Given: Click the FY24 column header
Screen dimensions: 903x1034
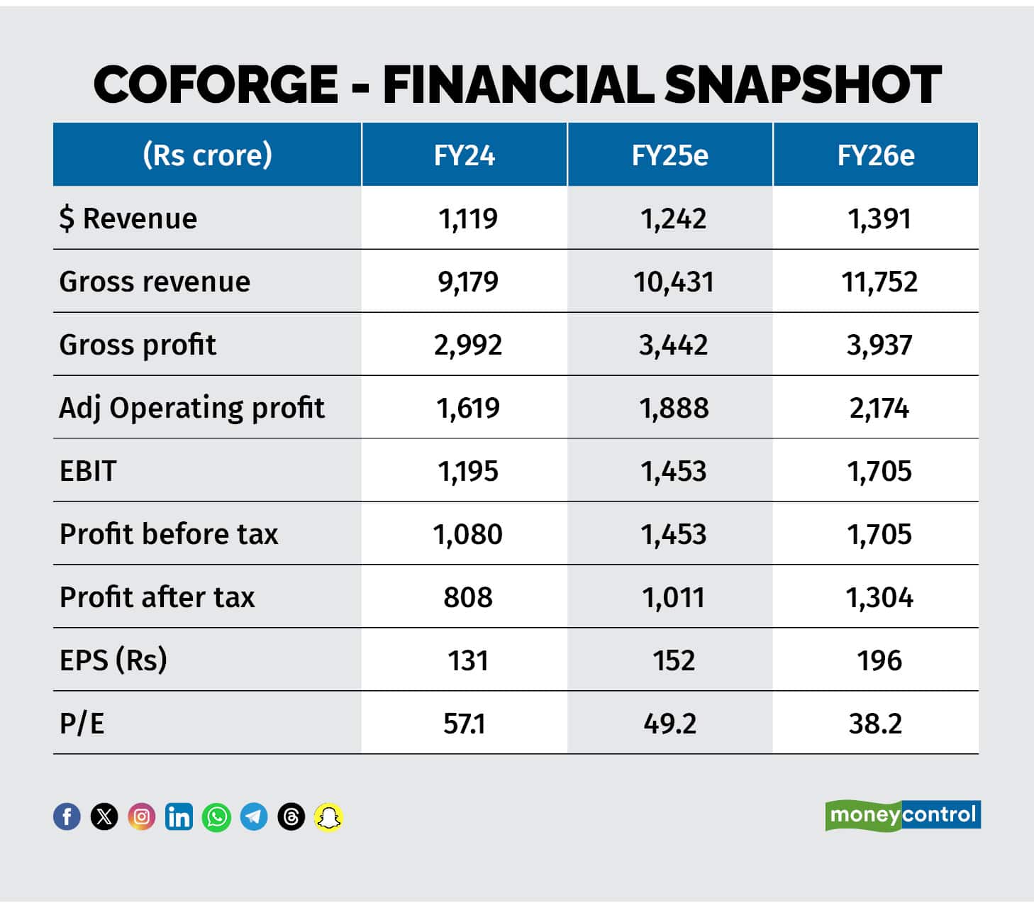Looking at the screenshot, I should click(465, 155).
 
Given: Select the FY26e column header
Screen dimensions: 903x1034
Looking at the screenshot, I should click(876, 155).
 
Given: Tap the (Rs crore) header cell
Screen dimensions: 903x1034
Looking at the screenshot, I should click(207, 155).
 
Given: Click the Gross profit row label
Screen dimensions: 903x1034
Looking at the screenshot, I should click(138, 345).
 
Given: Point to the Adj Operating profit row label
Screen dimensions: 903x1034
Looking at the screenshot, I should click(191, 408).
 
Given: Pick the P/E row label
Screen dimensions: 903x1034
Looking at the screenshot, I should click(82, 724).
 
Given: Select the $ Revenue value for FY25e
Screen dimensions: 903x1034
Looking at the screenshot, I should click(673, 218).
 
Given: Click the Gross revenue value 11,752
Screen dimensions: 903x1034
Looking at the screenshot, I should click(879, 282).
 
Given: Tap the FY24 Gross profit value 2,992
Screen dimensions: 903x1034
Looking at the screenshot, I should click(468, 345).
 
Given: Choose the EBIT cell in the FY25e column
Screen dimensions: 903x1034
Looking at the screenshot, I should click(673, 471).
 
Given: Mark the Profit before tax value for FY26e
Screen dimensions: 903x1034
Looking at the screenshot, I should click(879, 534).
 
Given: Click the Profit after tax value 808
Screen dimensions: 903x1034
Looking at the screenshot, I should click(468, 597).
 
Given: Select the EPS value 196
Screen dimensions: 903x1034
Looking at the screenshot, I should click(879, 660).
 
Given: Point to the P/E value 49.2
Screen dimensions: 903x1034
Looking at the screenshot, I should click(670, 724).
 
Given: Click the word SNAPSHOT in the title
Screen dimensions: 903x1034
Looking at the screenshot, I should click(802, 84).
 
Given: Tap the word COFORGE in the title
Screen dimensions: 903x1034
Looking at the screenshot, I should click(216, 84).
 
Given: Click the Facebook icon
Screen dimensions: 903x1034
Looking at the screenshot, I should click(67, 817).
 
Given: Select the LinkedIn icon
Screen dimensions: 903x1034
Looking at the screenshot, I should click(179, 817).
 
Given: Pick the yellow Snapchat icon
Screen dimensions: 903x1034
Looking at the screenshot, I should click(328, 817).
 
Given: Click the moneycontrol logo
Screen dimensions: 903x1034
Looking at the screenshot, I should click(903, 815).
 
